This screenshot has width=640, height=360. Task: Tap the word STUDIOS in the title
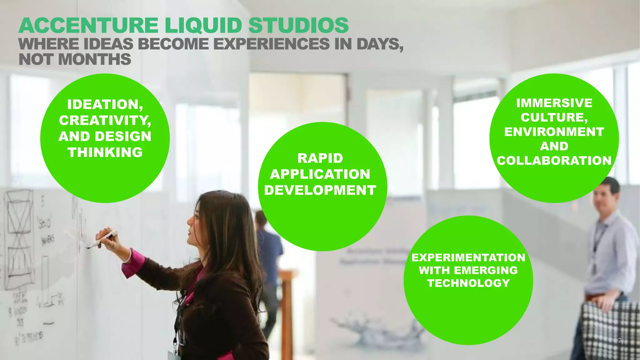298,26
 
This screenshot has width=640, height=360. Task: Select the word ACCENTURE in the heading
89,26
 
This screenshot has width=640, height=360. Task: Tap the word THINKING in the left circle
105,152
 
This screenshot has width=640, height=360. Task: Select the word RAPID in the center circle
320,158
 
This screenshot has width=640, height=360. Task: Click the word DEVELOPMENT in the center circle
320,190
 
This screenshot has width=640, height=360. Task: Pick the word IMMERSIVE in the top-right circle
554,103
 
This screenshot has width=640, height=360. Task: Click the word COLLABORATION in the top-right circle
554,161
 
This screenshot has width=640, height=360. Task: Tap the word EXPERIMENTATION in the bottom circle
468,257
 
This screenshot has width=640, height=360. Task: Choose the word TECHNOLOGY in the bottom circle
468,283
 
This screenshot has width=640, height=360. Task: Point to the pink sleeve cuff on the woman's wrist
134,262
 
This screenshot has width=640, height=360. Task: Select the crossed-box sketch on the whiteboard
20,212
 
